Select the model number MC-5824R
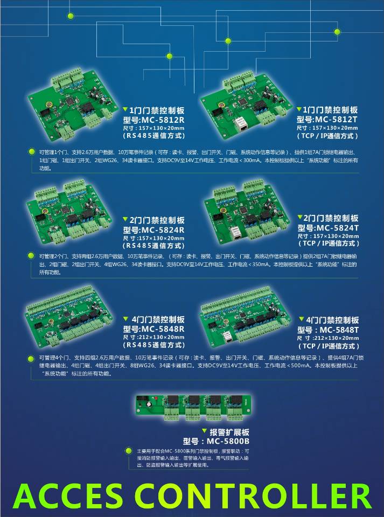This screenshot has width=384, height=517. click(162, 230)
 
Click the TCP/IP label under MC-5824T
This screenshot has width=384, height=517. click(328, 244)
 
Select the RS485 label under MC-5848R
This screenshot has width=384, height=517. click(154, 345)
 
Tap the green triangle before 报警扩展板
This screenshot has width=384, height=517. click(204, 431)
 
